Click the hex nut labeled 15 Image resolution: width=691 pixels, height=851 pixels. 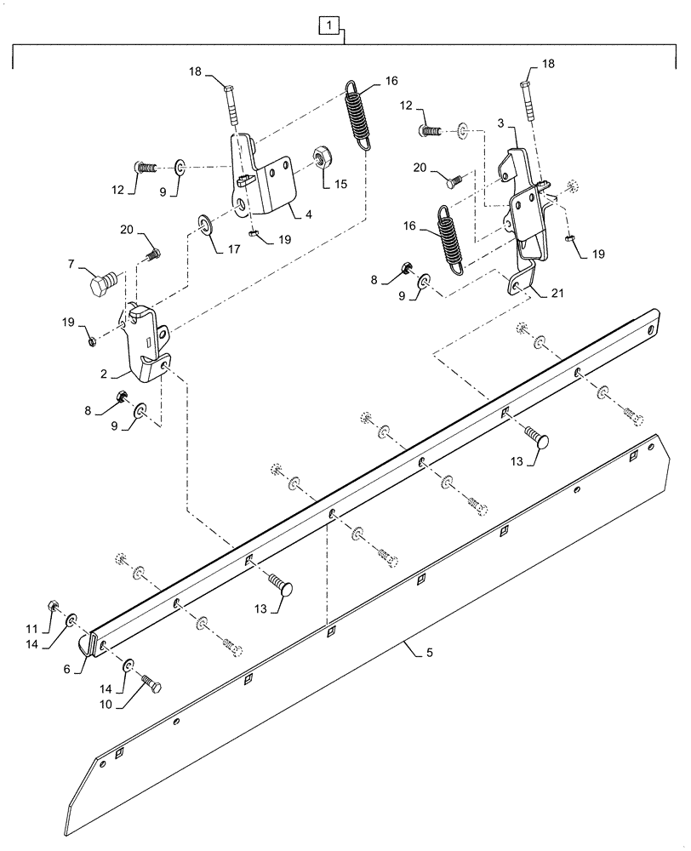click(323, 156)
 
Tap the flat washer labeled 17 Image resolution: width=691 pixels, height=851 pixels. click(205, 225)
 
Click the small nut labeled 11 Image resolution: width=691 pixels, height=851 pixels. click(53, 606)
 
